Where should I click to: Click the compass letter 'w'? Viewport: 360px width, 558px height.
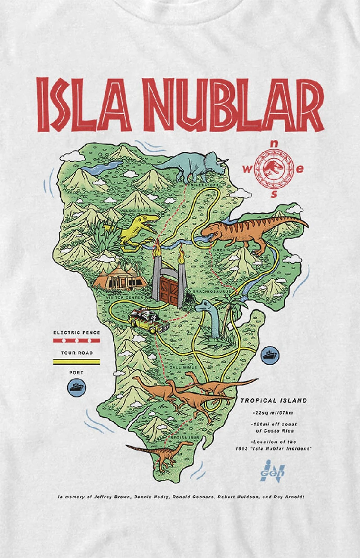pyautogui.click(x=247, y=170)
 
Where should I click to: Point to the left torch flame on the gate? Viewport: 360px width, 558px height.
pyautogui.click(x=158, y=248)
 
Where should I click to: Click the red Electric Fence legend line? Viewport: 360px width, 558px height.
pyautogui.click(x=76, y=341)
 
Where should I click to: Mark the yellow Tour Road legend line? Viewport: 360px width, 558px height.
pyautogui.click(x=76, y=361)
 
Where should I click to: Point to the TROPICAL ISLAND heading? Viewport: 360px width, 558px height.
pyautogui.click(x=273, y=401)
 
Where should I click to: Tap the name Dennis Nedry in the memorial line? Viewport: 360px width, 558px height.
pyautogui.click(x=149, y=497)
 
